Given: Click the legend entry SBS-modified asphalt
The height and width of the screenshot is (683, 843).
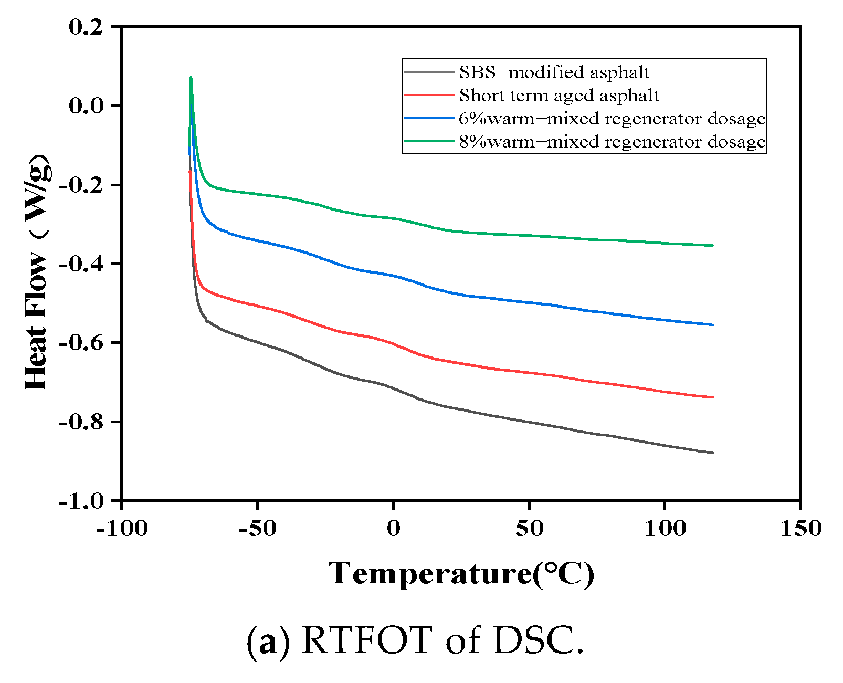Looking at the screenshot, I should pos(554,72).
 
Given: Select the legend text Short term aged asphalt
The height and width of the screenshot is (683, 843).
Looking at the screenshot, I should pos(559,96).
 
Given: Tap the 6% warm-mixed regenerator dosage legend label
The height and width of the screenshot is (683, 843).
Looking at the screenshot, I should pos(612,119).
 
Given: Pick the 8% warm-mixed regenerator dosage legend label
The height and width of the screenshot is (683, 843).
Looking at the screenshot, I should pos(612,142).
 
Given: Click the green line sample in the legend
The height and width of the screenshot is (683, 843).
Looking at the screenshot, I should pos(429,141).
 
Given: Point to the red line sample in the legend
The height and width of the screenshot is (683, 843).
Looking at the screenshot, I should pos(429,95).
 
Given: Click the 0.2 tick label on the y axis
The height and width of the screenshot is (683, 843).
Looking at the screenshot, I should pos(86,27).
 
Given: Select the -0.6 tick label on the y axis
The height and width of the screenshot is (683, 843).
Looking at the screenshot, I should pos(81,343).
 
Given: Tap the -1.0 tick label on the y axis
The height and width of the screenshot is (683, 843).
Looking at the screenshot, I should pos(81,501).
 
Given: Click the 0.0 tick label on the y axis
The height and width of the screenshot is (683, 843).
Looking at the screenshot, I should pos(86,106).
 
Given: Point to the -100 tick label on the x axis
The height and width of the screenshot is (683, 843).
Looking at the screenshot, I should pos(122,528).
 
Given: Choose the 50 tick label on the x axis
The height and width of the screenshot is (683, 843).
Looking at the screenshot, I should pos(529,528).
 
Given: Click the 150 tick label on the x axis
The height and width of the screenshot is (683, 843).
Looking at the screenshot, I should pos(800,528).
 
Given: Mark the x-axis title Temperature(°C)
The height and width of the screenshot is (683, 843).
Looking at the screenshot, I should pos(461,573).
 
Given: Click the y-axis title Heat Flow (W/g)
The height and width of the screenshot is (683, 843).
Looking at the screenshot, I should pos(38,273).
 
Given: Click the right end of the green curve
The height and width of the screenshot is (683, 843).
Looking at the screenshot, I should pos(713,245).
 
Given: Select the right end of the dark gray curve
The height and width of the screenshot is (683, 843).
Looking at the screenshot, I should pos(713,453).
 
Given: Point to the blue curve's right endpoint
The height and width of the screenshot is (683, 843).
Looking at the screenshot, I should pos(713,325).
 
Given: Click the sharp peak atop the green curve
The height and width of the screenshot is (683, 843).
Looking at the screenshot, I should pos(191,78).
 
